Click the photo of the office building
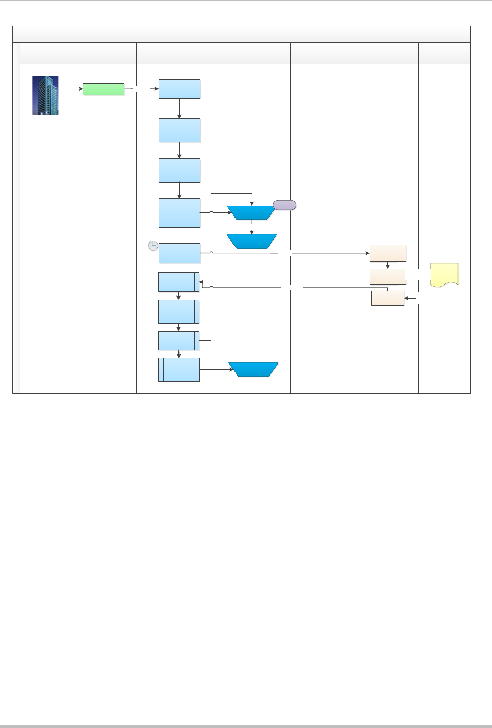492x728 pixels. [46, 95]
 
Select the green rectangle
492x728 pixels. [103, 89]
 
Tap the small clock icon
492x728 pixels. [153, 245]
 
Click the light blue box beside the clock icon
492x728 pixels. [179, 253]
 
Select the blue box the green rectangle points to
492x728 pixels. [179, 89]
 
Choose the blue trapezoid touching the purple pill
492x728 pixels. [251, 212]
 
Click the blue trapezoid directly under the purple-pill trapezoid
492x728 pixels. [251, 242]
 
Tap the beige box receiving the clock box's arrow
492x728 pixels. [387, 253]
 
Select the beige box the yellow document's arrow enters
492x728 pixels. [387, 298]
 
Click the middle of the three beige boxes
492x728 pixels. [387, 277]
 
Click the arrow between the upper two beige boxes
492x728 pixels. [387, 265]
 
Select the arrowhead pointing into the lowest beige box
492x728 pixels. [407, 298]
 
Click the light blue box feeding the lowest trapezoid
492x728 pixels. [179, 370]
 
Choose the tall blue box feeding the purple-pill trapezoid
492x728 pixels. [179, 213]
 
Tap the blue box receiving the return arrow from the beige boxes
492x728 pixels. [178, 282]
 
